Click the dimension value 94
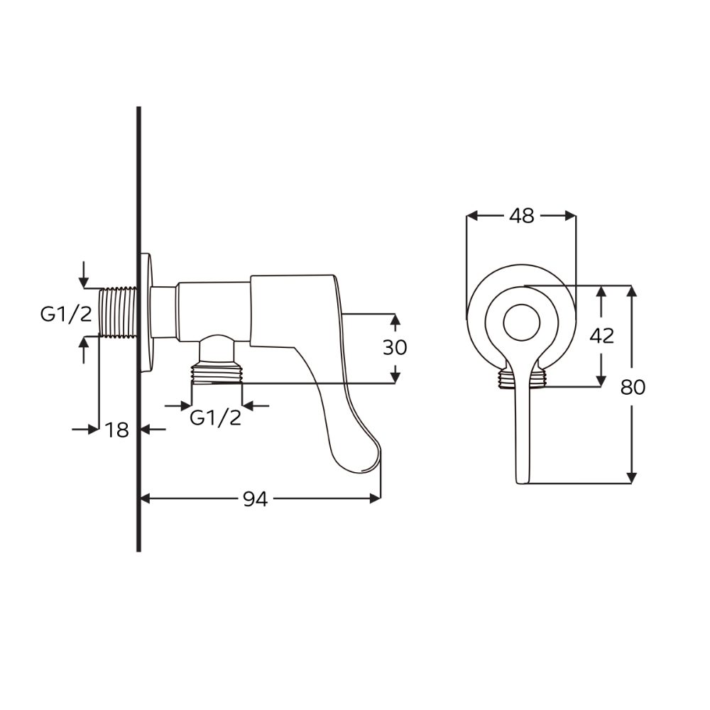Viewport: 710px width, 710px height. [x=256, y=499]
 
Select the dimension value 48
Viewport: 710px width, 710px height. [x=522, y=217]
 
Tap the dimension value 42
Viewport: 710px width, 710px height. [x=602, y=336]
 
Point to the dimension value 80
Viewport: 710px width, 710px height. [x=633, y=387]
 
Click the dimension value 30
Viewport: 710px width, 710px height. [x=395, y=347]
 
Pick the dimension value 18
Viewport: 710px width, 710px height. [x=117, y=430]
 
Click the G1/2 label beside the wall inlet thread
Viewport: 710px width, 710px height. [x=66, y=314]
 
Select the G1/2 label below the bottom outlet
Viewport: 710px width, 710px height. [x=216, y=417]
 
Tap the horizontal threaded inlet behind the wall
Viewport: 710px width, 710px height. [x=118, y=312]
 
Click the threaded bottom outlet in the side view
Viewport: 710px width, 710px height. [x=217, y=372]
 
